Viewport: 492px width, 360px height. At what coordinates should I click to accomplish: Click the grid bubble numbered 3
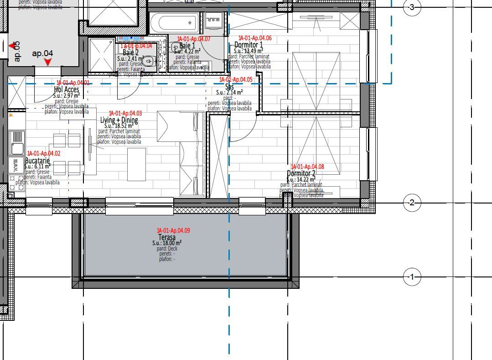click(412, 7)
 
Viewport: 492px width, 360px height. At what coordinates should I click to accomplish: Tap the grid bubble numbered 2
click(412, 203)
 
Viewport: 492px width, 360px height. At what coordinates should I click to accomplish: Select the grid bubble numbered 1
click(412, 277)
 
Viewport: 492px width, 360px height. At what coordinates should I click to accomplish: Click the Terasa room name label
click(167, 238)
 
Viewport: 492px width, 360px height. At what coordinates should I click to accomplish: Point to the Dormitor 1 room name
click(249, 45)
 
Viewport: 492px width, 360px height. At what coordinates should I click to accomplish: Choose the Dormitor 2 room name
click(301, 173)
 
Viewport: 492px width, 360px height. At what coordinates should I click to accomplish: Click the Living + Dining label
click(119, 120)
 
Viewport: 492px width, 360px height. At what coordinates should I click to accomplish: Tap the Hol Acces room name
click(67, 89)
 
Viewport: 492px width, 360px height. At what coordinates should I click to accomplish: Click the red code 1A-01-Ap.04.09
click(173, 231)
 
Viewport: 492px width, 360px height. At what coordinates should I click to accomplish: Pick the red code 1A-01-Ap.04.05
click(236, 79)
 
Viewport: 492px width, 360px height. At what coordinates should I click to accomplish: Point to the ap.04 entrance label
click(42, 53)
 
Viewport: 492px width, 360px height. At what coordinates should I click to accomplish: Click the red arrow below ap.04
click(47, 62)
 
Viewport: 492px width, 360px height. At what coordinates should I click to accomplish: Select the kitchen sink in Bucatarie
click(17, 148)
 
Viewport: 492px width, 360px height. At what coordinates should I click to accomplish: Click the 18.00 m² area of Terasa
click(167, 243)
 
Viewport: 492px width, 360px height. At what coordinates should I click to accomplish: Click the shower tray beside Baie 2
click(101, 55)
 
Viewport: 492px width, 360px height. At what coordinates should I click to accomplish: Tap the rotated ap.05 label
click(17, 51)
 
